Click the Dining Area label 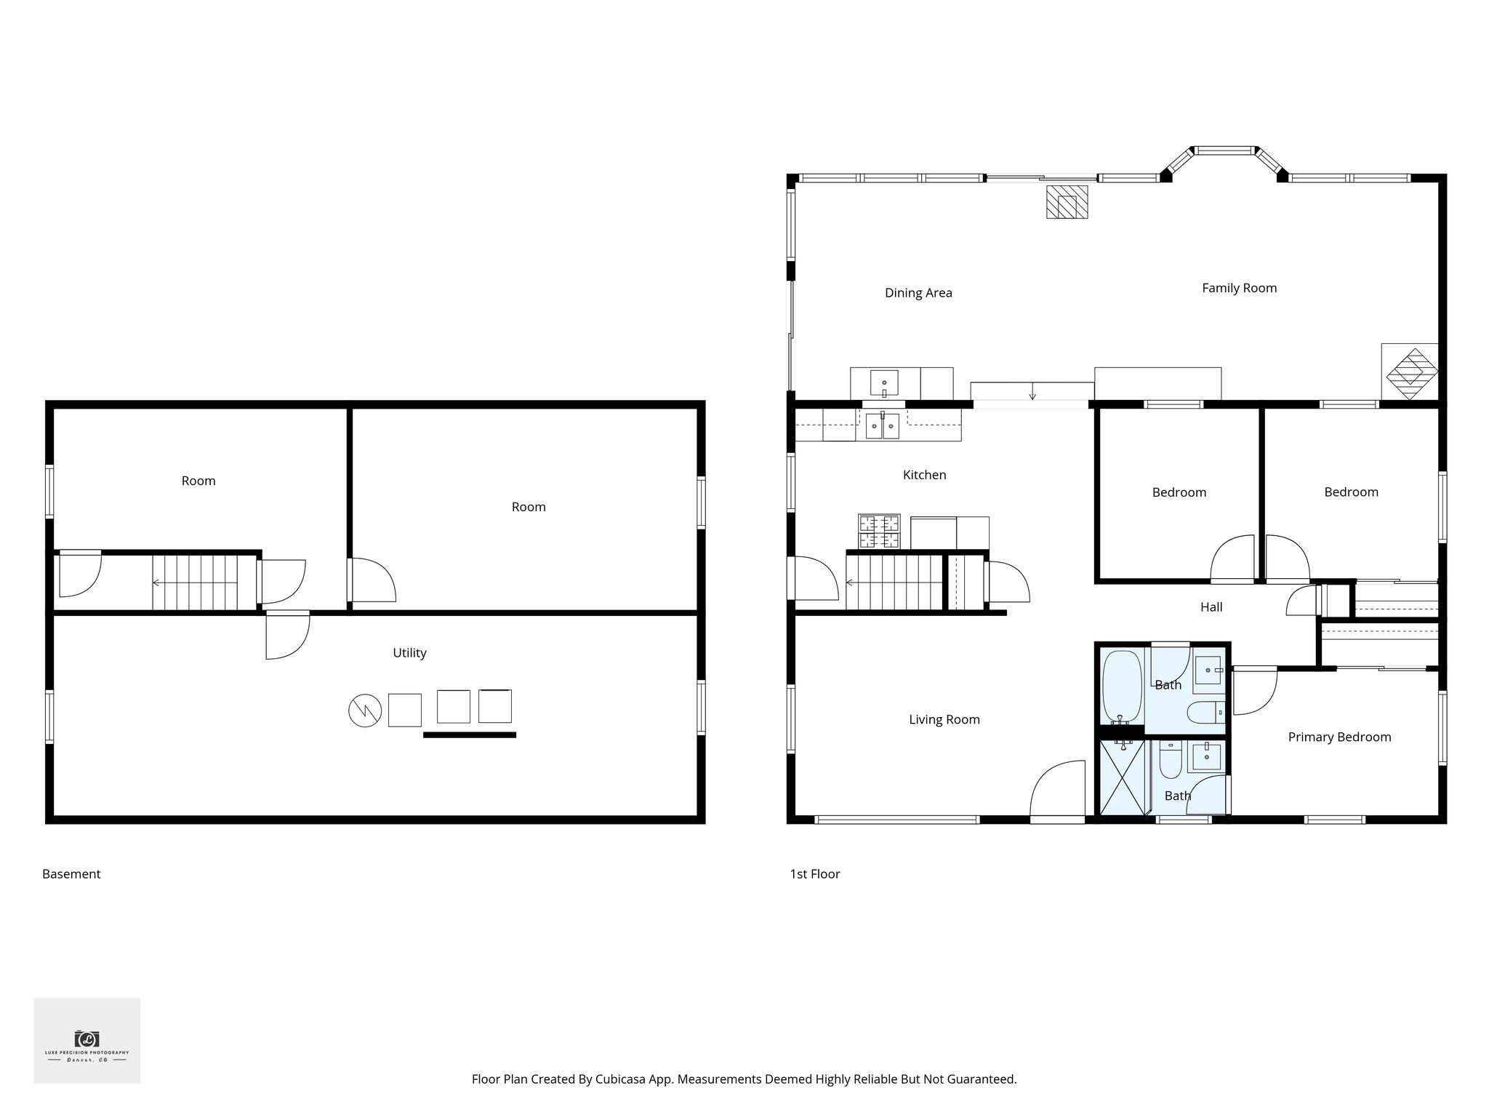click(918, 293)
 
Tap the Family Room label click(1239, 288)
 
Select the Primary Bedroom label click(1339, 737)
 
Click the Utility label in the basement click(409, 653)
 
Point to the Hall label click(1211, 607)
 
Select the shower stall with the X click(1121, 777)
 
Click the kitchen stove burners click(879, 532)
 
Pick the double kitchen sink click(882, 426)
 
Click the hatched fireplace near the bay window click(1067, 202)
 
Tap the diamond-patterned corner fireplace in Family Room click(1410, 372)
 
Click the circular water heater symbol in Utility click(365, 710)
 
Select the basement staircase click(195, 582)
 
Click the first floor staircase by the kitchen click(894, 582)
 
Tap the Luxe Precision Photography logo click(87, 1041)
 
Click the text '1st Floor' click(814, 874)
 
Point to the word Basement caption click(71, 874)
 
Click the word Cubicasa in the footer click(622, 1079)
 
